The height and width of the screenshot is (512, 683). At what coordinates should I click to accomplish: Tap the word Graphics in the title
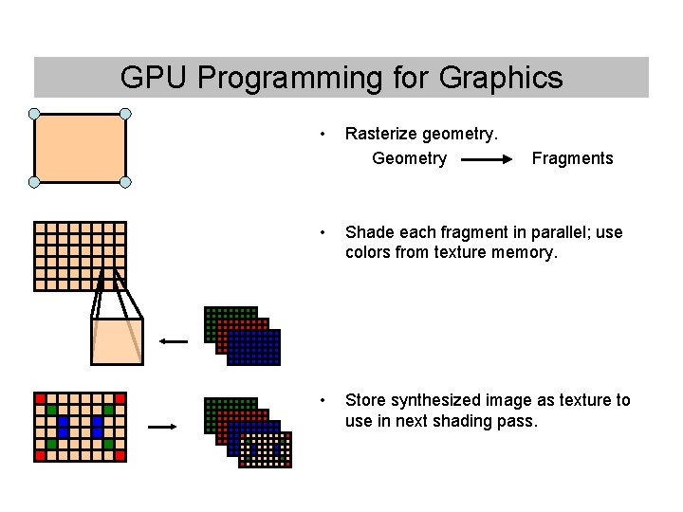[x=501, y=78]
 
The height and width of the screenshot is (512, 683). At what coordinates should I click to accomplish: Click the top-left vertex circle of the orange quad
[x=34, y=115]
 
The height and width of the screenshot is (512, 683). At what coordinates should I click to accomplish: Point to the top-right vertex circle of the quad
[x=125, y=114]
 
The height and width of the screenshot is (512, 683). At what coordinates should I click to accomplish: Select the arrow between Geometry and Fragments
[x=488, y=159]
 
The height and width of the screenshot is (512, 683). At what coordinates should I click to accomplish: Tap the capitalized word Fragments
[x=572, y=158]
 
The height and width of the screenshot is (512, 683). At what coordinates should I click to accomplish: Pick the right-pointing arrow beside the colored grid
[x=162, y=428]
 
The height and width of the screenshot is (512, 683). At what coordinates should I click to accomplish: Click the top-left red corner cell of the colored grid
[x=40, y=397]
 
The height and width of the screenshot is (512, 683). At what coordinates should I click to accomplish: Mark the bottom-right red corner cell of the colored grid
[x=120, y=455]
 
